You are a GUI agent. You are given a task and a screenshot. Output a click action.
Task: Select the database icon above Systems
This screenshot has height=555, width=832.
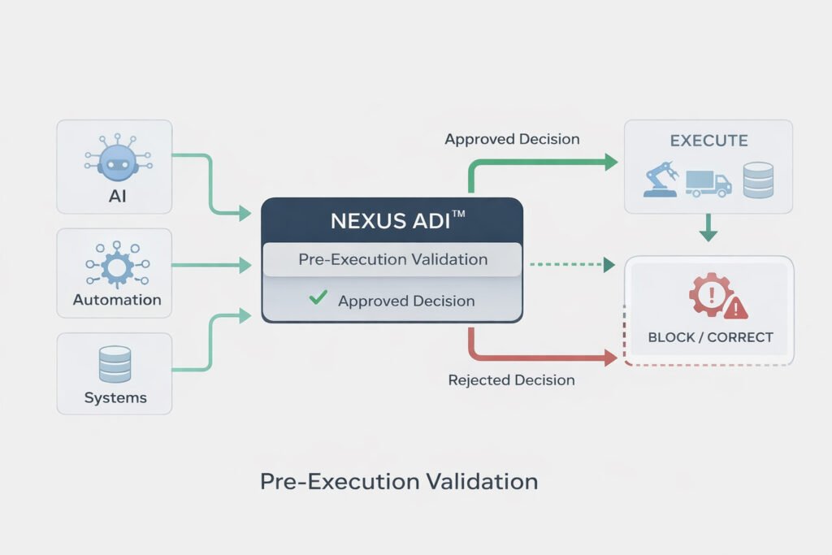[115, 364]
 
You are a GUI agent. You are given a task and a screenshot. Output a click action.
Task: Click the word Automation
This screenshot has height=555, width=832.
[117, 300]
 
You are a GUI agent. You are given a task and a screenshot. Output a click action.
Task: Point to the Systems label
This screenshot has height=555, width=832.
[115, 398]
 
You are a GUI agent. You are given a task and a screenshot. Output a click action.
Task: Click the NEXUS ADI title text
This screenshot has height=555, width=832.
[392, 220]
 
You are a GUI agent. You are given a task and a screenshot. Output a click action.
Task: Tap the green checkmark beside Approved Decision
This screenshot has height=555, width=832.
[318, 299]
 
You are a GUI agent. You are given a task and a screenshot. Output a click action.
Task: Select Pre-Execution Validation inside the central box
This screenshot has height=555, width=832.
[392, 260]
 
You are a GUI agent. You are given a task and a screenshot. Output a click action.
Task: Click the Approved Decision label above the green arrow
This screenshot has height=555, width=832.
[512, 139]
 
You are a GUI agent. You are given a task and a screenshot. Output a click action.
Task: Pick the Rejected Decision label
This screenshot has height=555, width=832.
[511, 379]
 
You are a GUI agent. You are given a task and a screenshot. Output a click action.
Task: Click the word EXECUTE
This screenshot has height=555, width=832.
[708, 141]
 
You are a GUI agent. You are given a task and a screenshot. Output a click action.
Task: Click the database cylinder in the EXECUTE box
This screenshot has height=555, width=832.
[757, 180]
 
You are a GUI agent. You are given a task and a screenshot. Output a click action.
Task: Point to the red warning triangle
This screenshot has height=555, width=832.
[736, 307]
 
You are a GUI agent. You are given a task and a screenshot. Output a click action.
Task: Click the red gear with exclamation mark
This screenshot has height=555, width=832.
[710, 294]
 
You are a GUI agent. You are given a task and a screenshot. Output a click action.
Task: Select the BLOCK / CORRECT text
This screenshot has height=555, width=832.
[710, 336]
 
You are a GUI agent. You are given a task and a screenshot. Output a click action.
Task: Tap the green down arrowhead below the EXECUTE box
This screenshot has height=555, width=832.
[708, 235]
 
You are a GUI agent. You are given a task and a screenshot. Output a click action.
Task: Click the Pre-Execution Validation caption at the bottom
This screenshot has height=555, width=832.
[399, 481]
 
